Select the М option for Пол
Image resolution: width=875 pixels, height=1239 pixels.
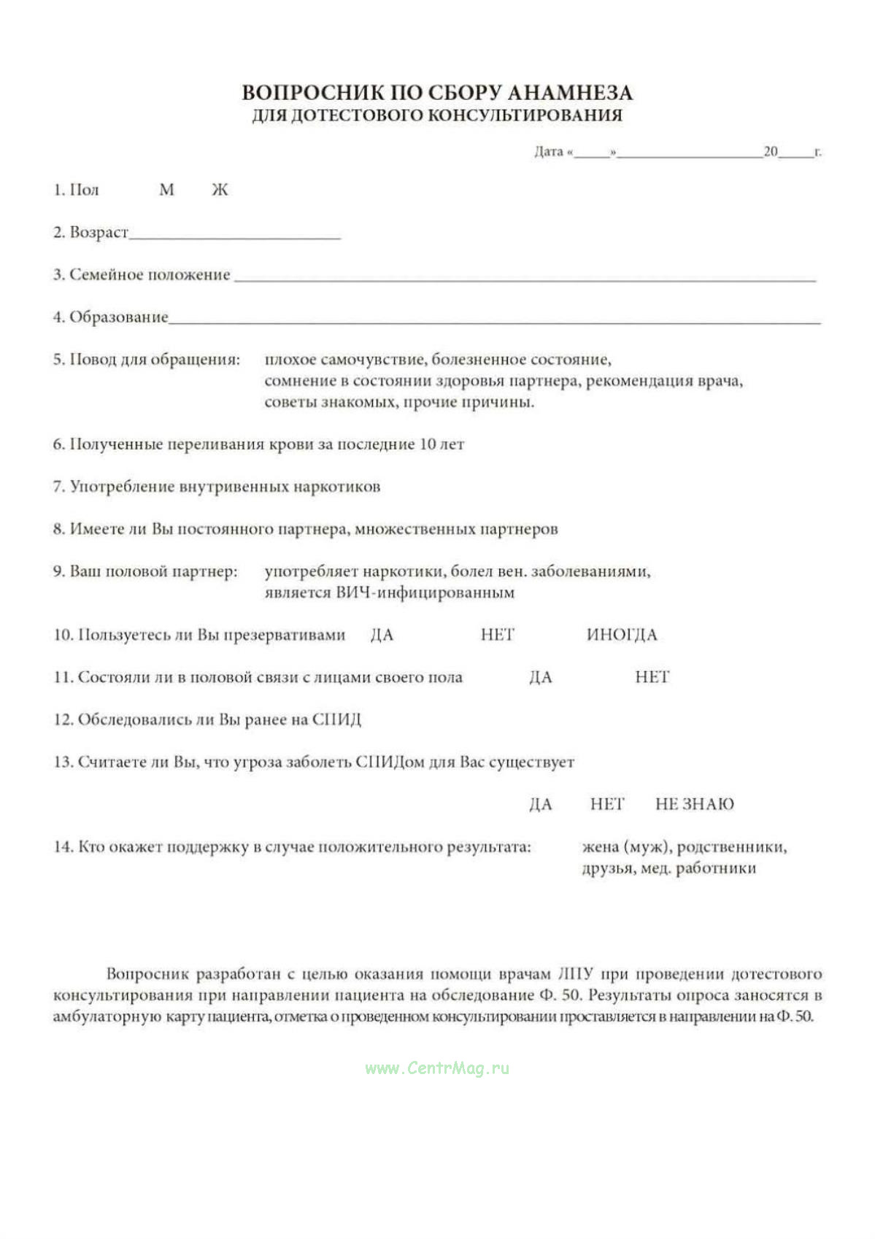pyautogui.click(x=166, y=190)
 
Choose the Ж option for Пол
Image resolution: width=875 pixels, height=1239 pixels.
pyautogui.click(x=220, y=190)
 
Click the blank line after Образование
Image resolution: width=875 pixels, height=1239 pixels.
pyautogui.click(x=494, y=320)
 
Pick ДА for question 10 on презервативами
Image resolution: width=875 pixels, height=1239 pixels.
pyautogui.click(x=382, y=635)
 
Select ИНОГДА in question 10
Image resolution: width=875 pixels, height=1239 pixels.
pyautogui.click(x=621, y=635)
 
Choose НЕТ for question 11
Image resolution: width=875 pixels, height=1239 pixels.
pyautogui.click(x=652, y=677)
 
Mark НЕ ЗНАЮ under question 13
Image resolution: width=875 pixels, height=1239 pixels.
pyautogui.click(x=694, y=804)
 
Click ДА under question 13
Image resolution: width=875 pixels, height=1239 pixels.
pyautogui.click(x=540, y=804)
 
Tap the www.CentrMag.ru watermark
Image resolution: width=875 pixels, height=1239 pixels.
pyautogui.click(x=437, y=1068)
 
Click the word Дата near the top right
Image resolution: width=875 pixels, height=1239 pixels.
pyautogui.click(x=548, y=152)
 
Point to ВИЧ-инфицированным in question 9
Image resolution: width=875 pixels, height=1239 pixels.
pyautogui.click(x=425, y=593)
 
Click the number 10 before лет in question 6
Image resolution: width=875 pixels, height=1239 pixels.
pyautogui.click(x=428, y=444)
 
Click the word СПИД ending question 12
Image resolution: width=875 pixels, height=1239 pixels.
pyautogui.click(x=336, y=719)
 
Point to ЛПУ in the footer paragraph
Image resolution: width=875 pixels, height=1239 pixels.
pyautogui.click(x=575, y=973)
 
